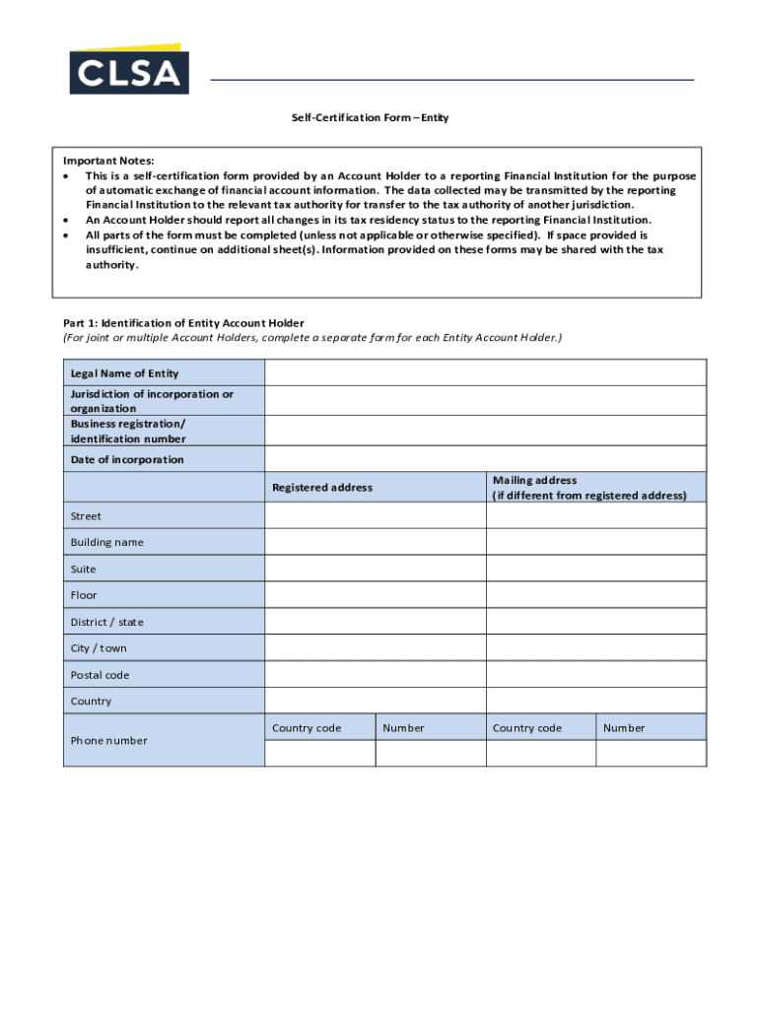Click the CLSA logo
pyautogui.click(x=128, y=70)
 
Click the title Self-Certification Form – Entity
pyautogui.click(x=370, y=118)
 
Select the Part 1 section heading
pyautogui.click(x=183, y=323)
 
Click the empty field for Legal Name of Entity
pyautogui.click(x=485, y=372)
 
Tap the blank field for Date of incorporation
pyautogui.click(x=485, y=459)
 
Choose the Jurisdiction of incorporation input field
pyautogui.click(x=485, y=400)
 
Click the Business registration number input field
pyautogui.click(x=485, y=431)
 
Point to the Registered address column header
pyautogui.click(x=322, y=488)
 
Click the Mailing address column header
pyautogui.click(x=588, y=488)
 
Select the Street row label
pyautogui.click(x=86, y=516)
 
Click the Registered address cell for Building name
pyautogui.click(x=375, y=542)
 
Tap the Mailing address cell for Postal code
pyautogui.click(x=595, y=675)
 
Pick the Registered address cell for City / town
pyautogui.click(x=375, y=648)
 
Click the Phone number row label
pyautogui.click(x=108, y=741)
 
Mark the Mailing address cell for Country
pyautogui.click(x=595, y=702)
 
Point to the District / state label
pyautogui.click(x=106, y=622)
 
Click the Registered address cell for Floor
pyautogui.click(x=375, y=595)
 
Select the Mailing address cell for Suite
pyautogui.click(x=595, y=569)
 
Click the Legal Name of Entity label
pyautogui.click(x=124, y=373)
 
